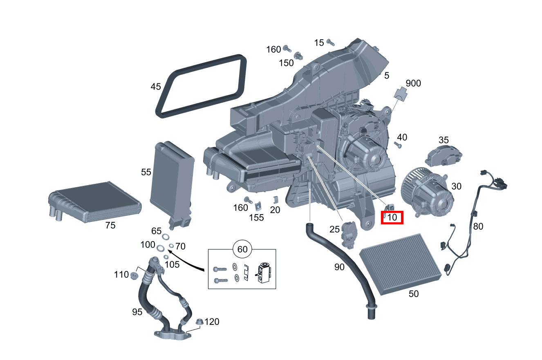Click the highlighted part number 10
392,218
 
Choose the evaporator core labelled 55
172,180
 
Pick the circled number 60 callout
242,249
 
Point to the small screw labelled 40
399,145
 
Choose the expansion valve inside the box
263,273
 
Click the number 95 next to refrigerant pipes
137,312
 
